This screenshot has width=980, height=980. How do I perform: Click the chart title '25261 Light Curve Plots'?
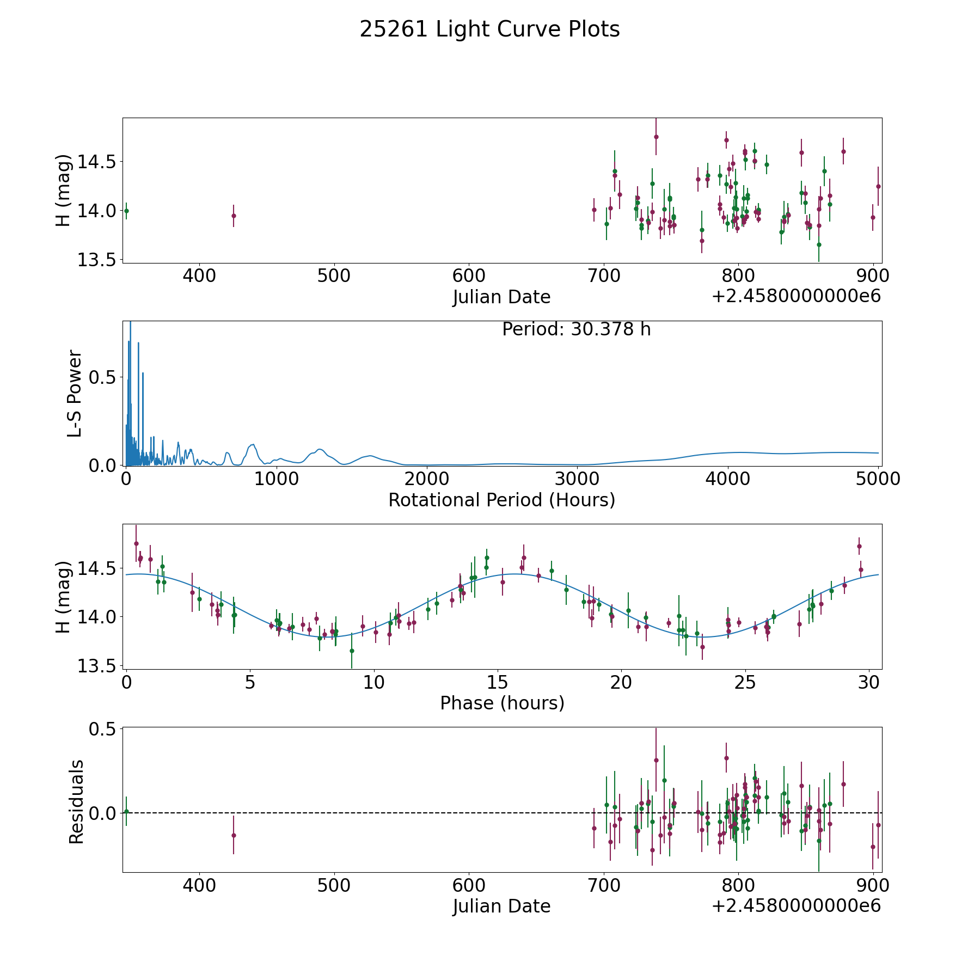tap(489, 29)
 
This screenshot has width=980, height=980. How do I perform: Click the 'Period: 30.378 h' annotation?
tap(576, 329)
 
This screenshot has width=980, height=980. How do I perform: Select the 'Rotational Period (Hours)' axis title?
tap(501, 500)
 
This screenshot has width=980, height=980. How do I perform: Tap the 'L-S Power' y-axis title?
tap(75, 393)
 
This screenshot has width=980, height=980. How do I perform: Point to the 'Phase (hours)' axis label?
tap(502, 703)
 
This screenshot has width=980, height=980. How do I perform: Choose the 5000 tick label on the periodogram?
tap(878, 479)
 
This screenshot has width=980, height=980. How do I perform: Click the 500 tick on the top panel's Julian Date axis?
tap(334, 275)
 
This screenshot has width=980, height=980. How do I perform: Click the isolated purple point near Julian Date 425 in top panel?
tap(234, 216)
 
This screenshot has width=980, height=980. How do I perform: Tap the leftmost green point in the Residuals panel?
tap(126, 811)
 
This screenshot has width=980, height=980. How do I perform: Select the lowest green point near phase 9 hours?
tap(352, 651)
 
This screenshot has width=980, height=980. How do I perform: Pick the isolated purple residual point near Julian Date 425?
tap(234, 835)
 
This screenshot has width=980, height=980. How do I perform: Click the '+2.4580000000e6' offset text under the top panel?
tap(796, 296)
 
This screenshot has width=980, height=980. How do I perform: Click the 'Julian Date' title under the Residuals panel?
tap(501, 906)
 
